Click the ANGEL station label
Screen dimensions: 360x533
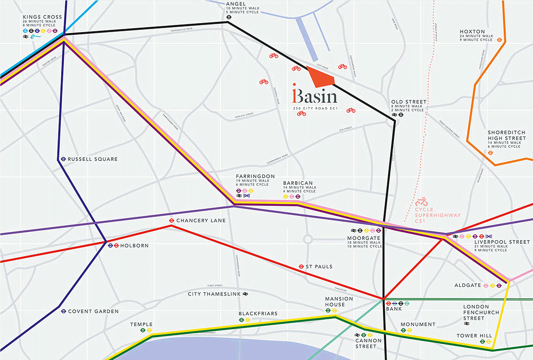point(236,4)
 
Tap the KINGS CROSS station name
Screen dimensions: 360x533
point(42,17)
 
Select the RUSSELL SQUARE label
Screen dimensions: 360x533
point(93,159)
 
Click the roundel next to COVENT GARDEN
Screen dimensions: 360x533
point(64,311)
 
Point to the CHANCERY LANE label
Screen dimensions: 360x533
point(201,220)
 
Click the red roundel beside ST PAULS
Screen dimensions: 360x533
point(301,266)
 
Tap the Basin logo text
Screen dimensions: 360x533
point(315,96)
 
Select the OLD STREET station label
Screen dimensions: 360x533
point(409,102)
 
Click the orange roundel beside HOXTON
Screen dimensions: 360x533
point(499,40)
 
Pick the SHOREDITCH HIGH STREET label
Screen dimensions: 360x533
point(507,135)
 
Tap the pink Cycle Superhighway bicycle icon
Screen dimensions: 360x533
point(421,202)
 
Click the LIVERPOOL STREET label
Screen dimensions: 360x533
point(502,242)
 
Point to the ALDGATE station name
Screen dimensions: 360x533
point(467,285)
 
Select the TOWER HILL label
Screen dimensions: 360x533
point(474,336)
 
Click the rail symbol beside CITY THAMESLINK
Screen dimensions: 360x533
point(245,294)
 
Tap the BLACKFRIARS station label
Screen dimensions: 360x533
point(258,313)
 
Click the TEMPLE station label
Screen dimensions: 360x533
point(141,324)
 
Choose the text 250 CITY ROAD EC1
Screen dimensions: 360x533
point(315,108)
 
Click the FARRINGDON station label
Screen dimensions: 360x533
point(255,176)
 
